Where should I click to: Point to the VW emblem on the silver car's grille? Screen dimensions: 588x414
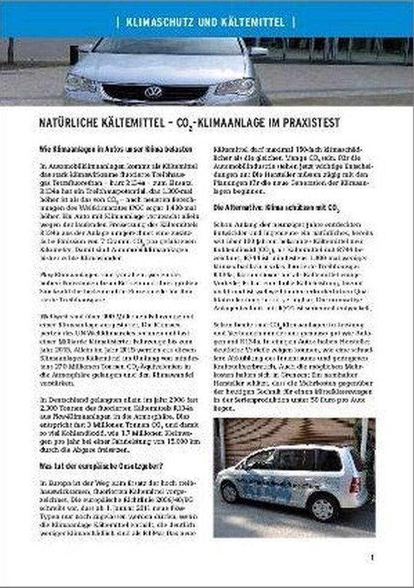point(154,91)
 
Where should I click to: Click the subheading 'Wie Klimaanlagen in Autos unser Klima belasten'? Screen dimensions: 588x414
point(116,149)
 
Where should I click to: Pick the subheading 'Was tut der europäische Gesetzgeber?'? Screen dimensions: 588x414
point(97,466)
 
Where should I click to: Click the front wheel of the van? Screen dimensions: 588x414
point(230,492)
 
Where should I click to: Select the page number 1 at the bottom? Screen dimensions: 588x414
point(372,558)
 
